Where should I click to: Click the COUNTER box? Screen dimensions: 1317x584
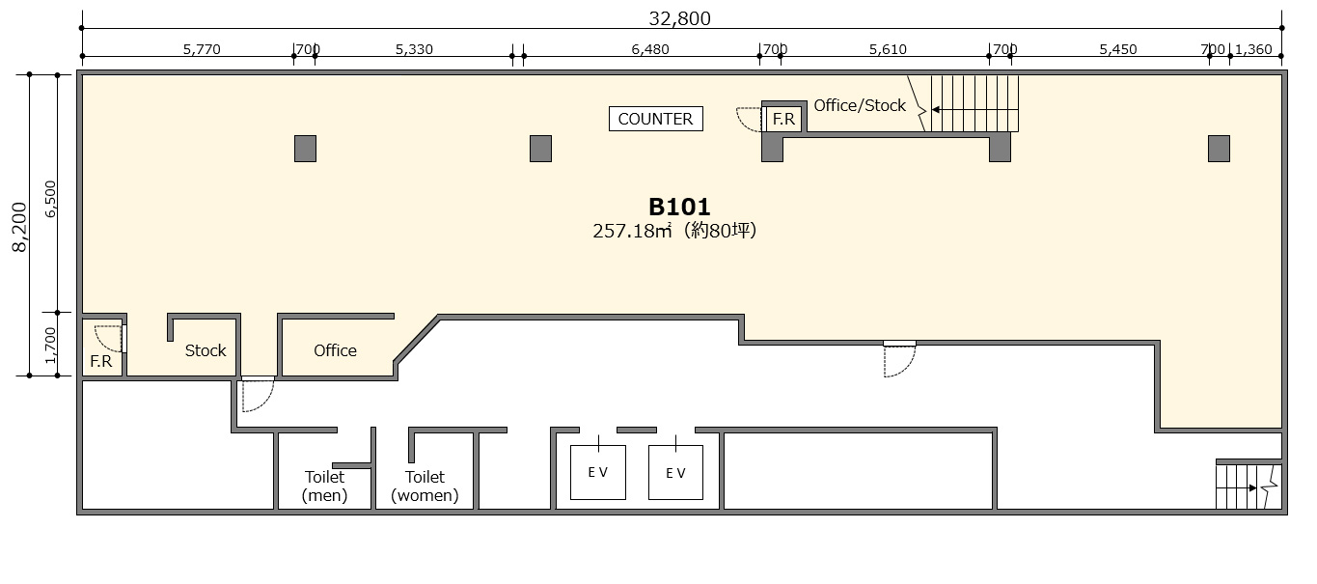pos(655,119)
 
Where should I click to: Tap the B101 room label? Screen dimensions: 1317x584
pos(679,207)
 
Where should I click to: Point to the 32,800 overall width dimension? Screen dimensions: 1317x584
pos(679,18)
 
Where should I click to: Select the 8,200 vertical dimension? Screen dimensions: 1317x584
pos(20,227)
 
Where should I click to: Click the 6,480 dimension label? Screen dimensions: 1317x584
pos(650,49)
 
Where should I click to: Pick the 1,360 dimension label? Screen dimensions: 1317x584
pos(1253,49)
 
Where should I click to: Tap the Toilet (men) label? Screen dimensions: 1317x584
pos(324,486)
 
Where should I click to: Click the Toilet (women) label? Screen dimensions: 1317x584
pos(425,486)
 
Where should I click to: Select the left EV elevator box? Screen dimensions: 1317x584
pos(598,472)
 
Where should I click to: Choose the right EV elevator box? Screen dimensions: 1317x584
pos(675,472)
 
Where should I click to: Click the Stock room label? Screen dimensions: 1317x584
pos(206,350)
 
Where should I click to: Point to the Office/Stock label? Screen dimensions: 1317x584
pos(860,106)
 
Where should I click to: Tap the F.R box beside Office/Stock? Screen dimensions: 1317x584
pos(783,120)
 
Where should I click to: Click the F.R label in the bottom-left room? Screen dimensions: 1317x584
pos(100,361)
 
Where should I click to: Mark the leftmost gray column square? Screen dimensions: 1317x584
pos(305,149)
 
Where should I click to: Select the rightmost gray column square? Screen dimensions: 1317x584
pos(1219,149)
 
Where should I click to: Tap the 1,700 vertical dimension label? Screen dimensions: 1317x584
pos(50,346)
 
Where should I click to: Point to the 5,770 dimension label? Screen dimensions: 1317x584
pos(202,49)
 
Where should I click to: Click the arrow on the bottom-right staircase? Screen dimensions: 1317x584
pos(1237,487)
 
